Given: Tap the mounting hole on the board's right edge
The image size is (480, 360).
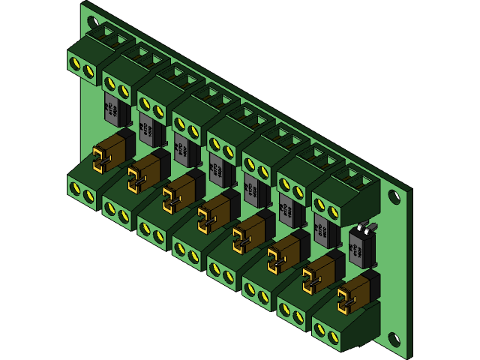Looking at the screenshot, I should (x=394, y=196).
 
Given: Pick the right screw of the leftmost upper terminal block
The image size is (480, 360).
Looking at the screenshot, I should (x=89, y=70).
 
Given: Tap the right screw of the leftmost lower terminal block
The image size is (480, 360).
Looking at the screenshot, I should (x=89, y=196).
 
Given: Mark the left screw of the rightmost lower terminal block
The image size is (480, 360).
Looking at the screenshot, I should (x=320, y=328).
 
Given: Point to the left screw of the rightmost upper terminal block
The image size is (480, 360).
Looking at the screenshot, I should (x=320, y=203).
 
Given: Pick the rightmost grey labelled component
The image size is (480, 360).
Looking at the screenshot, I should (x=361, y=248).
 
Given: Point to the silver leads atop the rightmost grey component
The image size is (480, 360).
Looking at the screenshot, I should (x=365, y=226).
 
